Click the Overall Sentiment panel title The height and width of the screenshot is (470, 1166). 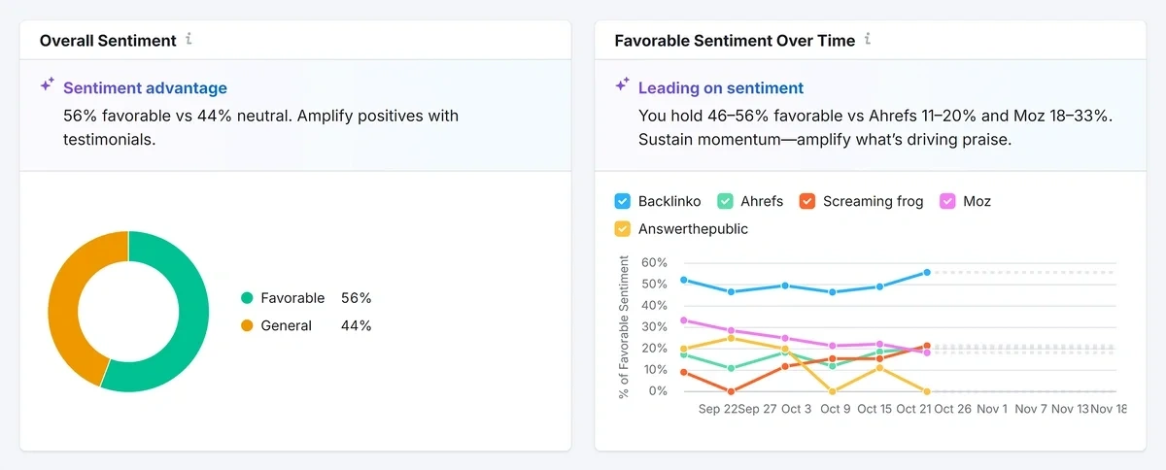pos(108,41)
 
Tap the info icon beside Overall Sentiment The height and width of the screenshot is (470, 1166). pos(189,40)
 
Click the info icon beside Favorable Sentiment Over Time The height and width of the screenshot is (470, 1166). pos(868,40)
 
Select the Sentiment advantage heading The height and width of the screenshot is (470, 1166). pos(145,88)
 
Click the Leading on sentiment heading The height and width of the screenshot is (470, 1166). pos(720,88)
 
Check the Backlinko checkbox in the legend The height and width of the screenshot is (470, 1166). pos(623,201)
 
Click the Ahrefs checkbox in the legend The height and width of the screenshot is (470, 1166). pos(725,201)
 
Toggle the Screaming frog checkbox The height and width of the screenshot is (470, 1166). pos(806,201)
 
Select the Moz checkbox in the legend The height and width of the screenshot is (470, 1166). pos(946,201)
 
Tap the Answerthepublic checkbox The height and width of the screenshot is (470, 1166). pos(623,229)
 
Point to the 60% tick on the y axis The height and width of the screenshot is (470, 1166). pos(655,263)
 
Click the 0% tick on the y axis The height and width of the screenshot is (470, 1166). pos(659,391)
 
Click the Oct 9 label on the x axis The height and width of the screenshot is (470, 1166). pos(835,410)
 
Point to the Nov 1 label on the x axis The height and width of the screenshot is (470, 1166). pos(992,410)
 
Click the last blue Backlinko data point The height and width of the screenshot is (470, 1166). pos(927,273)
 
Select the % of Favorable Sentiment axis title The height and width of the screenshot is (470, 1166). pos(624,326)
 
